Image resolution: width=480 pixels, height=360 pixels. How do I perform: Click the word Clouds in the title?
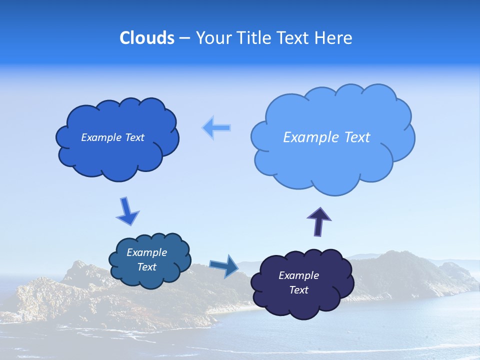tap(147, 38)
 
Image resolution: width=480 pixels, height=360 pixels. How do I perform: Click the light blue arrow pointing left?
tap(216, 128)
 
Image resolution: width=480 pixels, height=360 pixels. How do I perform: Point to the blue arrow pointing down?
tap(127, 211)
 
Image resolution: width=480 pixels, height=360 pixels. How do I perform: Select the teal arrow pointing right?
tap(224, 265)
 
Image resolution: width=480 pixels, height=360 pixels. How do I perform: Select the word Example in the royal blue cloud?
tap(101, 137)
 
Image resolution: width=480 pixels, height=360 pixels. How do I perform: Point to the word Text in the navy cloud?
tap(299, 290)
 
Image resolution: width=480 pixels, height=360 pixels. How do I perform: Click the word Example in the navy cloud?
tap(299, 275)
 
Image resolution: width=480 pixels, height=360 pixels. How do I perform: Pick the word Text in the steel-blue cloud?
tap(147, 267)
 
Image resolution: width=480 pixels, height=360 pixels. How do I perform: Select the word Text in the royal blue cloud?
tap(134, 137)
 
